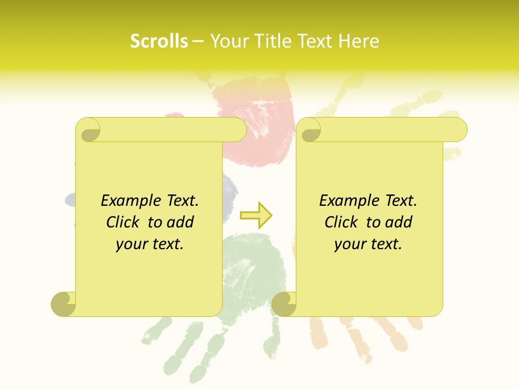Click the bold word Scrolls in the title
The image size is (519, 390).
click(x=159, y=41)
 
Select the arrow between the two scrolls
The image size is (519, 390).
click(x=256, y=216)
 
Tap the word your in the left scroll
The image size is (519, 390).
click(x=131, y=244)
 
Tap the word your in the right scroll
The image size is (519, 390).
click(x=349, y=244)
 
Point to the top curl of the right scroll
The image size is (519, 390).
click(x=310, y=131)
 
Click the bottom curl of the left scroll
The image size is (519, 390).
click(x=64, y=304)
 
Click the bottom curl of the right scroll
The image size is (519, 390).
click(x=284, y=304)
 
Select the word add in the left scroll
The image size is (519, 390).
click(x=181, y=222)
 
